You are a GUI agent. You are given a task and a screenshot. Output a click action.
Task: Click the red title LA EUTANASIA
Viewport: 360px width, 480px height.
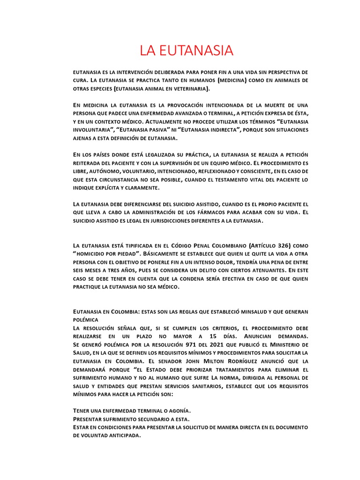tap(187, 50)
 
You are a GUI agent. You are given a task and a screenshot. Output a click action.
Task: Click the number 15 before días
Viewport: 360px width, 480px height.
tap(213, 336)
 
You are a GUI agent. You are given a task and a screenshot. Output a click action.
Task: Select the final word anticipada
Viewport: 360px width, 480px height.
tap(122, 435)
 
